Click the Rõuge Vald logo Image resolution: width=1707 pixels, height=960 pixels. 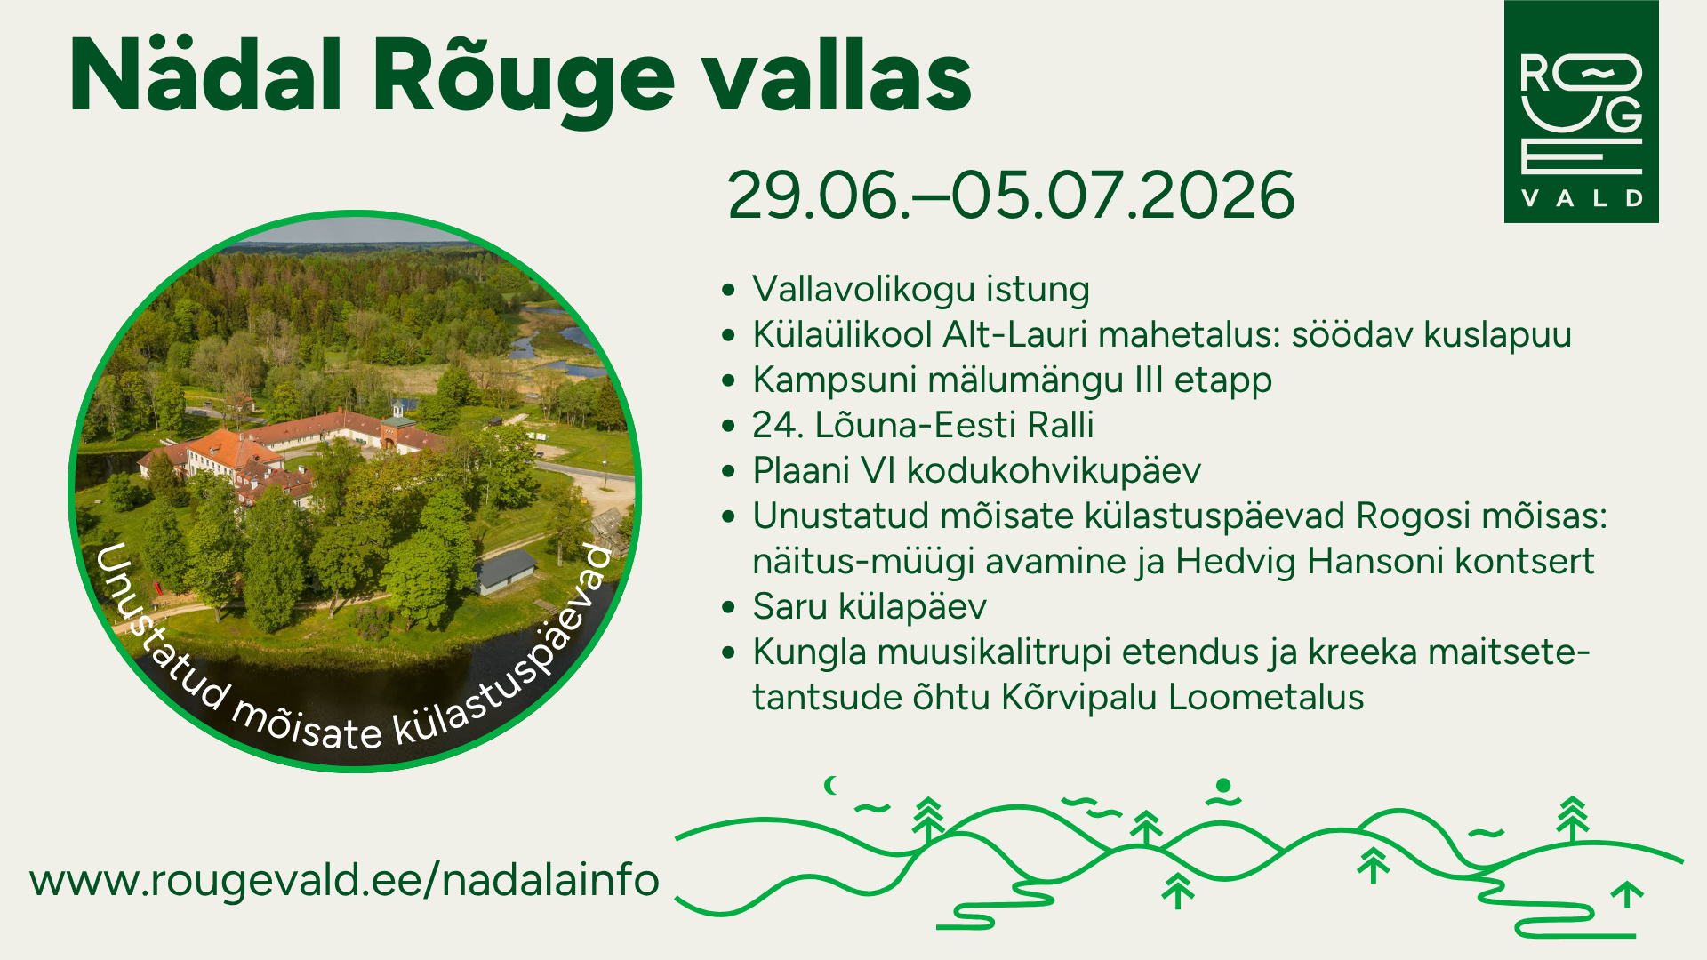[1581, 111]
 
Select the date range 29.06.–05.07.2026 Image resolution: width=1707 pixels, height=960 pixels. [1011, 195]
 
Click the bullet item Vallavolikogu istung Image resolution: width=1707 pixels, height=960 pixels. [921, 290]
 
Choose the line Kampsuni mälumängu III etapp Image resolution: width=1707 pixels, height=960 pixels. [1012, 380]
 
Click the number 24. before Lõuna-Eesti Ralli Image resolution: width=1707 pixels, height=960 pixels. [778, 425]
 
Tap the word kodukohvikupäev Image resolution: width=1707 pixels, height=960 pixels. [1054, 471]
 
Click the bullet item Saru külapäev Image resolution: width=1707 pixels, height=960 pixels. [870, 607]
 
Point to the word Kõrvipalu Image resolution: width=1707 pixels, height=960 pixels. [1079, 698]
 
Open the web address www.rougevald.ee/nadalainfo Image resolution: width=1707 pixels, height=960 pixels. [344, 880]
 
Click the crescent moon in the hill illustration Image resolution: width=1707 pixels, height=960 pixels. [831, 785]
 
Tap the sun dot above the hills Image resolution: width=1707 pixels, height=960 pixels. [1223, 785]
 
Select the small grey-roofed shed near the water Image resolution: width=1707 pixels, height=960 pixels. [505, 571]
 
